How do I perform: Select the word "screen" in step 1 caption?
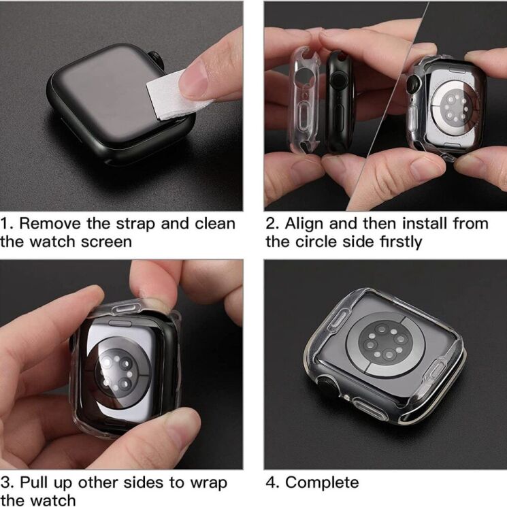[x=101, y=242]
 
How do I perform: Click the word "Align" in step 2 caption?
[x=305, y=223]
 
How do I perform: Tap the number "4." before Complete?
[x=272, y=483]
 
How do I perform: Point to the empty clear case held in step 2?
[x=304, y=99]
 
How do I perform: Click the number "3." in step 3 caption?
[x=7, y=483]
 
